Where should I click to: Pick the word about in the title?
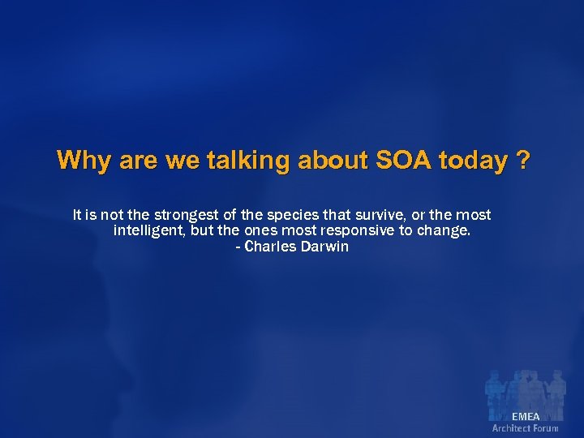coord(333,160)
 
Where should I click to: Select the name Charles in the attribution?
coord(272,247)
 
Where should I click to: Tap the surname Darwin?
coord(326,247)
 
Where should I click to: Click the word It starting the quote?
coord(77,215)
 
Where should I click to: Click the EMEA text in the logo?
coord(525,417)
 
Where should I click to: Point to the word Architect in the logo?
coord(512,428)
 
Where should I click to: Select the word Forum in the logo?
coord(546,428)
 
